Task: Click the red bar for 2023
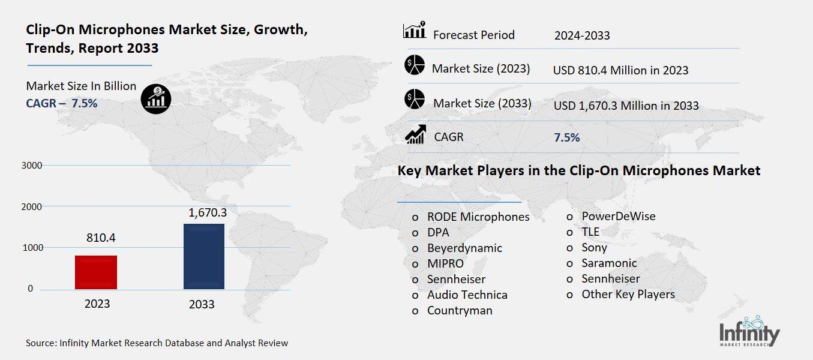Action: click(96, 272)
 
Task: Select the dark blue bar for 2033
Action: click(204, 256)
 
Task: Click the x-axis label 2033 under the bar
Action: click(202, 304)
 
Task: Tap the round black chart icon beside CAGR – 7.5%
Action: click(155, 98)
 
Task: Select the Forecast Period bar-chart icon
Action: click(414, 30)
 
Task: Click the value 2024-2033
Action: click(581, 35)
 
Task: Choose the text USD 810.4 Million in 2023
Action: click(620, 70)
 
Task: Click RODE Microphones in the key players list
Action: click(478, 217)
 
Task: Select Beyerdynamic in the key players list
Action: click(464, 248)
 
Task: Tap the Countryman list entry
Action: click(460, 310)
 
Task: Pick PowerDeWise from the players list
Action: click(618, 216)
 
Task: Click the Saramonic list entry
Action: click(609, 263)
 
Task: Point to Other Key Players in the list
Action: click(628, 294)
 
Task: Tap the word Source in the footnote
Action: click(40, 343)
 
